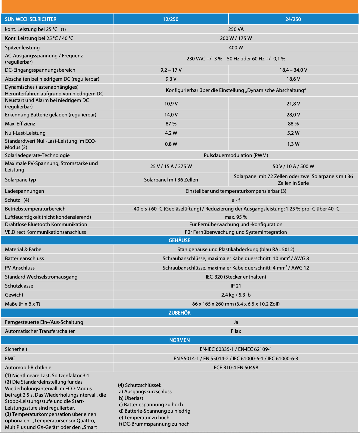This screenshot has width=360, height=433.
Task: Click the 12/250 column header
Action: [x=171, y=19]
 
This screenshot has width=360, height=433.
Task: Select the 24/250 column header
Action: [x=293, y=19]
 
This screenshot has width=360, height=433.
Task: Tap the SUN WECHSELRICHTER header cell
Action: [x=31, y=19]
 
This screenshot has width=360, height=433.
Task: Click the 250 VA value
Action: [x=236, y=29]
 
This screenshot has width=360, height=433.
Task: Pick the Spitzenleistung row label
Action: [x=22, y=48]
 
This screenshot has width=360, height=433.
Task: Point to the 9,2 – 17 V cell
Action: [x=171, y=70]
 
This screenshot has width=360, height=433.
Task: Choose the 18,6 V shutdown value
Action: [x=293, y=79]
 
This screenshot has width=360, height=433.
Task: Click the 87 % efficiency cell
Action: [x=171, y=124]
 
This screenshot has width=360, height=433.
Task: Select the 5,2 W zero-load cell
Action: [x=293, y=133]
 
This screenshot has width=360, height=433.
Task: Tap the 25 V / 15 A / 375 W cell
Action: [x=171, y=166]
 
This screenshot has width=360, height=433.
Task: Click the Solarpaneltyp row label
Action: [x=20, y=180]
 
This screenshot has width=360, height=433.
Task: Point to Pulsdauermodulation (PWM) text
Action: [x=236, y=155]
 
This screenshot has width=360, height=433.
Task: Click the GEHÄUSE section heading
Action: [x=179, y=241]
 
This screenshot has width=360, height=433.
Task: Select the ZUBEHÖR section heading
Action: [x=179, y=313]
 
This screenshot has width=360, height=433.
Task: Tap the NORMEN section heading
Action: [x=179, y=340]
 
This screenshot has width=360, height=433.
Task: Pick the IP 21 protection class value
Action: [x=236, y=286]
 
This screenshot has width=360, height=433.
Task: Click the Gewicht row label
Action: [x=14, y=295]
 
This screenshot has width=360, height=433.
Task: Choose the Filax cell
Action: [x=236, y=331]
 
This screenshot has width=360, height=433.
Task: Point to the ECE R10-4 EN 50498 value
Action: [x=236, y=368]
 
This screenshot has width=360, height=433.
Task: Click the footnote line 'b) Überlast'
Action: [x=131, y=398]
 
